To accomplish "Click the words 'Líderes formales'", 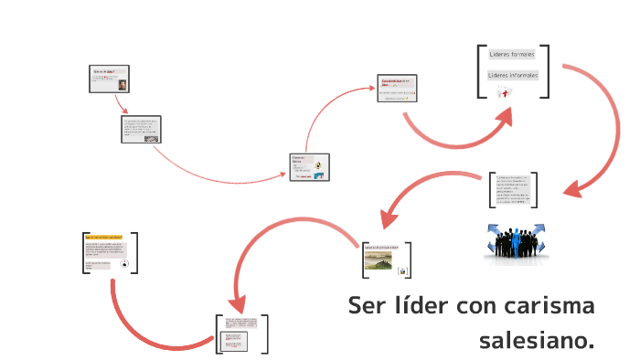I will (x=511, y=55).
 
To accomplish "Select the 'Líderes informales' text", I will (x=513, y=75).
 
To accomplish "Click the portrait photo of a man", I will (x=122, y=84).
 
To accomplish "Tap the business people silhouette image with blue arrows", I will (x=514, y=242).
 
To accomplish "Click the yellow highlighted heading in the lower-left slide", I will (x=102, y=237).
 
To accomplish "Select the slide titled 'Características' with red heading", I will (x=398, y=89).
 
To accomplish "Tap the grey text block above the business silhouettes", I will (x=513, y=189).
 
